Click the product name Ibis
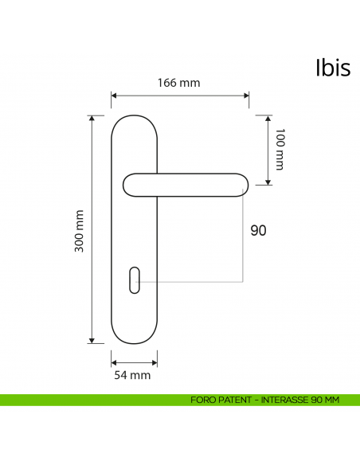coord(332,68)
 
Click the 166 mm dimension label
coord(178,83)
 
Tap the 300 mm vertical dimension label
coord(79,231)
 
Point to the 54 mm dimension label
coord(133,374)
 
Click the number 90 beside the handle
coord(258,231)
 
